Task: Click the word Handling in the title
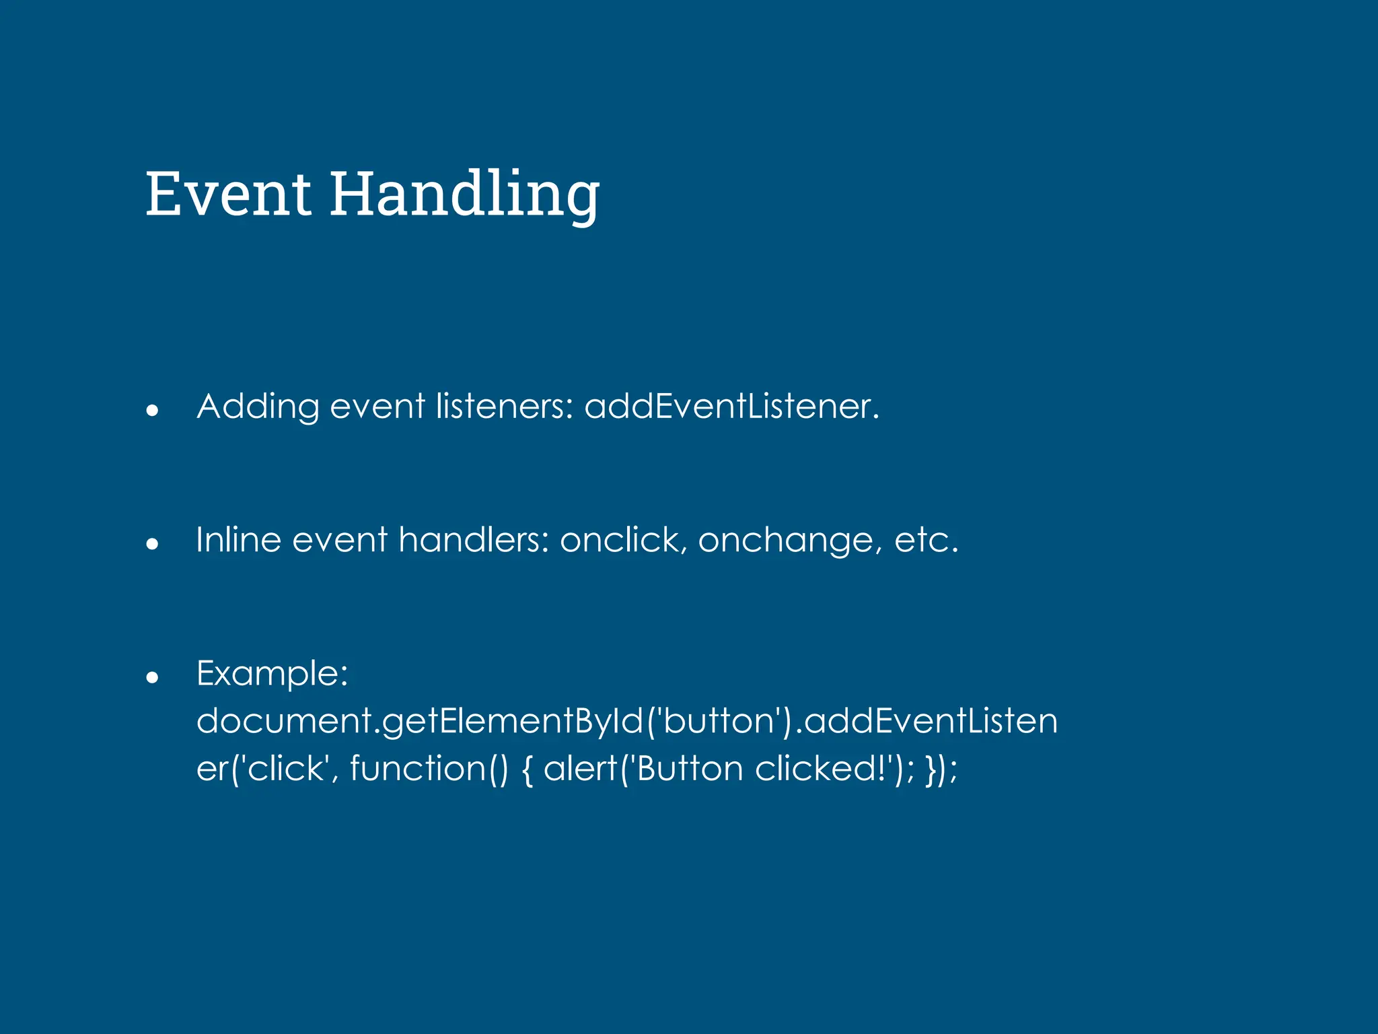pos(464,195)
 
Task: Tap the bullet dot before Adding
pos(152,409)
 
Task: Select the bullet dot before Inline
pos(152,543)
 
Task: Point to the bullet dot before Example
pos(152,677)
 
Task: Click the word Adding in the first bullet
pos(258,407)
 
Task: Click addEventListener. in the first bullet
pos(731,407)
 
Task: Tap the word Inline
pos(238,540)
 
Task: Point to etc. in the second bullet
pos(926,541)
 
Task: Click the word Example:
pos(272,674)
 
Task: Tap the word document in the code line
pos(283,721)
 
